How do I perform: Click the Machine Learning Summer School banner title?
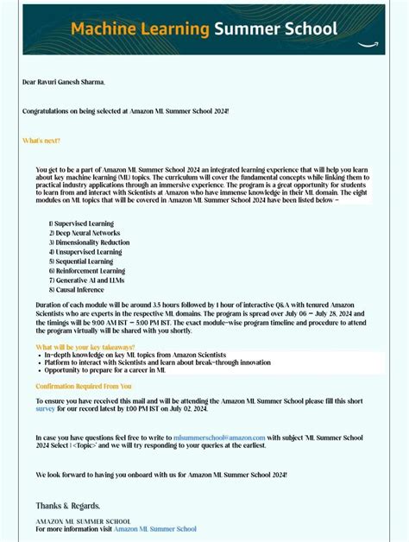(204, 29)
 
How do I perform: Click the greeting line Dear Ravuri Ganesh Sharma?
(64, 82)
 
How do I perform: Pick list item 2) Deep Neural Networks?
(85, 233)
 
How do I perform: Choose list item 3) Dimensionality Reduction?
(89, 243)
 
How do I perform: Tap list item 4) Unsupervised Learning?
(85, 252)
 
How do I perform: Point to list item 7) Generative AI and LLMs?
(86, 280)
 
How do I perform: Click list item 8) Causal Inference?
(79, 290)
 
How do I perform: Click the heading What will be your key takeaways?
(85, 347)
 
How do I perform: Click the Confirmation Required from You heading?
(84, 386)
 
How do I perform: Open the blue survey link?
(45, 409)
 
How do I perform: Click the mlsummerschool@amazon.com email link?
(219, 438)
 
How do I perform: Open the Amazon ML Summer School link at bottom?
(156, 528)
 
